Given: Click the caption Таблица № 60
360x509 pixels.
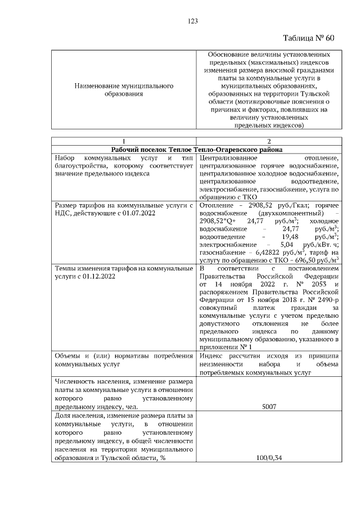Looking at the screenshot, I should (x=308, y=38).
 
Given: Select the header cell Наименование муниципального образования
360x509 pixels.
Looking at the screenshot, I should (x=123, y=91).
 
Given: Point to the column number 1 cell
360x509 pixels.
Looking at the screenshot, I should (x=123, y=141).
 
